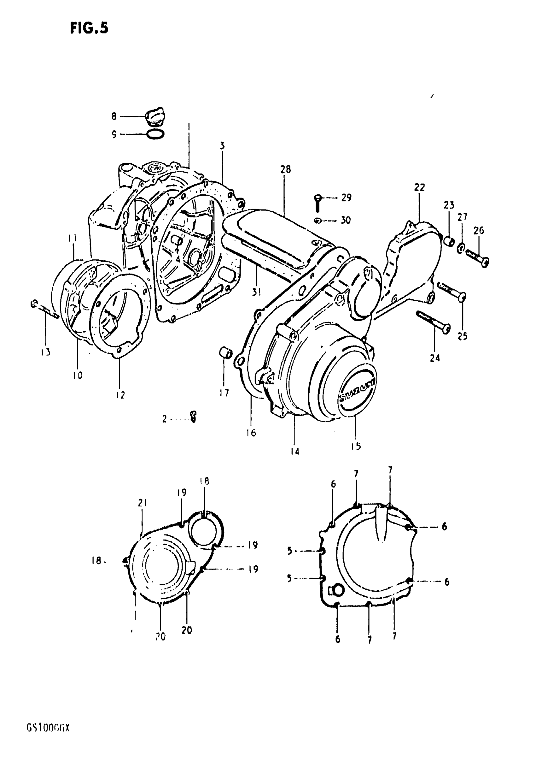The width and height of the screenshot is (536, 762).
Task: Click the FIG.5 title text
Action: [89, 28]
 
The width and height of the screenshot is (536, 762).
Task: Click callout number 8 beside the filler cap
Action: [114, 116]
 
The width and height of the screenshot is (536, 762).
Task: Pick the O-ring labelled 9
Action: [155, 134]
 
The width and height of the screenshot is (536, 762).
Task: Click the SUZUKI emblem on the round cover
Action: [357, 390]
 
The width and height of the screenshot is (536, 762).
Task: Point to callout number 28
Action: [285, 169]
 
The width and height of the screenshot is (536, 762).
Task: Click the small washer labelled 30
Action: [318, 220]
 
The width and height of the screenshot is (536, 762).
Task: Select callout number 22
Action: [419, 187]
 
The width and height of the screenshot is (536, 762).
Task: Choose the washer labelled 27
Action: [461, 247]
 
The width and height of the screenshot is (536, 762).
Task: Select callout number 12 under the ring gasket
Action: [120, 395]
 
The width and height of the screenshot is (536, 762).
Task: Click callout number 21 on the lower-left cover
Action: [142, 503]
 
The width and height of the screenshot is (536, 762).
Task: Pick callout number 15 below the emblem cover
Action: [356, 446]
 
